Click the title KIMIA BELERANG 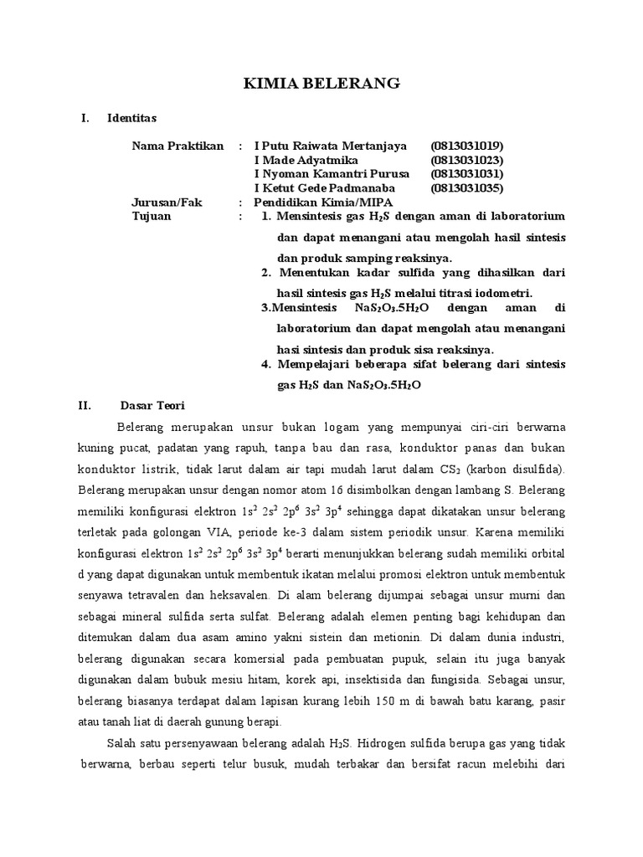tap(321, 83)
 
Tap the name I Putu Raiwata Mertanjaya tap(330, 146)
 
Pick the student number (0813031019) tap(467, 146)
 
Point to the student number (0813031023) tap(467, 160)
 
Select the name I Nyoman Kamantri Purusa tap(332, 174)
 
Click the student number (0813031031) tap(467, 174)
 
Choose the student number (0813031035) tap(467, 188)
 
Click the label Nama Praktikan tap(177, 146)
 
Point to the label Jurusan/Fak tap(167, 203)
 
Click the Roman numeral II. tap(84, 405)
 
